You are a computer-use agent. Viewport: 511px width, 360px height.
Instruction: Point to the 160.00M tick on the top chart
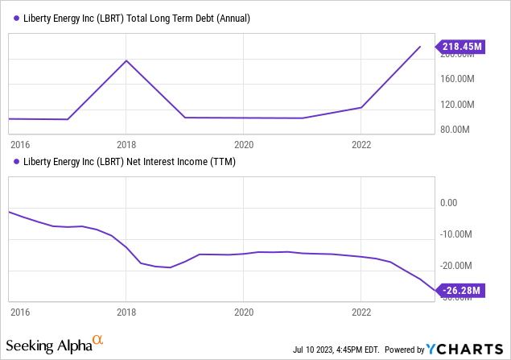click(460, 79)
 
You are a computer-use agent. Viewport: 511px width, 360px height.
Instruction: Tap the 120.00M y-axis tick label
click(460, 105)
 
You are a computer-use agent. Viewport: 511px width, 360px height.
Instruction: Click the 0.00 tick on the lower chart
click(447, 204)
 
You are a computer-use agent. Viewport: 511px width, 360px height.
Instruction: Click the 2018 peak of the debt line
click(126, 60)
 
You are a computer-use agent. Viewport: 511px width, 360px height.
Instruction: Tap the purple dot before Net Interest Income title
click(17, 162)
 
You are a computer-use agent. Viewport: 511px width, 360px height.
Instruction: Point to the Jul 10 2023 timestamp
click(331, 350)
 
